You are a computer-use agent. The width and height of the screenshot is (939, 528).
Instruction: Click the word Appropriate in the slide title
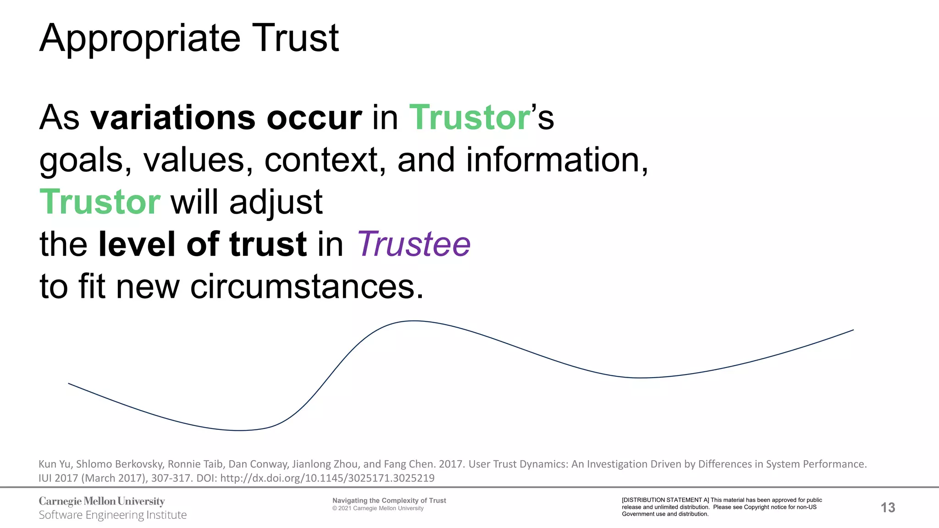tap(139, 38)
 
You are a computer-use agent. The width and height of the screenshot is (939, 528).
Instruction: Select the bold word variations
tap(172, 118)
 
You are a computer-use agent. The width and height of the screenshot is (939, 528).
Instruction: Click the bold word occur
tap(314, 118)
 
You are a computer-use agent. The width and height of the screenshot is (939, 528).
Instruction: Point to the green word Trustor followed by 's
tap(469, 118)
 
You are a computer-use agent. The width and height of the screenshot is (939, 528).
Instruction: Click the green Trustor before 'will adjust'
tap(100, 202)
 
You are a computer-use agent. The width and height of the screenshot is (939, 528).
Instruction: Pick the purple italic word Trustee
tap(414, 244)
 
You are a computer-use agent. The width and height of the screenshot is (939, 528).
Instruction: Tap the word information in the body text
tap(557, 160)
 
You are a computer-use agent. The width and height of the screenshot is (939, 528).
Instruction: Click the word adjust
tap(276, 202)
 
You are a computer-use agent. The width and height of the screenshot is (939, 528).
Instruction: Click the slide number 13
tap(888, 507)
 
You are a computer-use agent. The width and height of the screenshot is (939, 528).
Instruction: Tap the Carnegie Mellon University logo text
tap(102, 501)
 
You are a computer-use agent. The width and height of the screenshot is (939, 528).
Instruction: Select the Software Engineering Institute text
tap(113, 515)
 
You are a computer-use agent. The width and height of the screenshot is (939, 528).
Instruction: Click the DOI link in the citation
tap(327, 478)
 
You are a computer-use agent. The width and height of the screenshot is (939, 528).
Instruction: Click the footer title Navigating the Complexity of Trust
tap(389, 500)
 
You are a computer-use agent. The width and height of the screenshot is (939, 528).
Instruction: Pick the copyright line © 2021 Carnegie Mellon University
tap(378, 508)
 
